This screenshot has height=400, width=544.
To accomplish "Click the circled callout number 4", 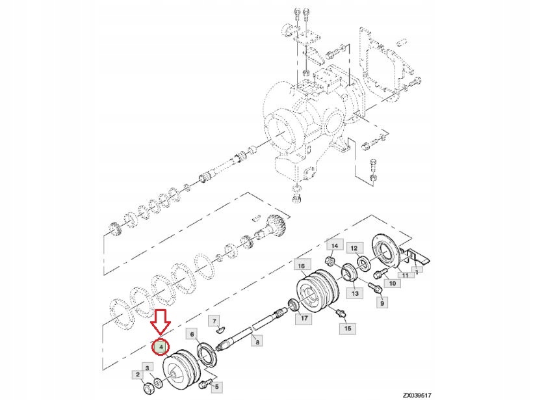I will [x=160, y=348].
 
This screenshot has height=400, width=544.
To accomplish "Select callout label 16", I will [x=300, y=265].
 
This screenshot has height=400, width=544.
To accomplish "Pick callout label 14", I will [x=334, y=245].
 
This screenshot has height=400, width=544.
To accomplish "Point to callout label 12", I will [x=354, y=248].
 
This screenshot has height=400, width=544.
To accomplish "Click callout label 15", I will [x=347, y=329].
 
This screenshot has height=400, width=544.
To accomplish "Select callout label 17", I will [x=304, y=319].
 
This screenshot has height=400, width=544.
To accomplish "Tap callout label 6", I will [x=192, y=334].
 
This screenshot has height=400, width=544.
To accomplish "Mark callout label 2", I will [x=138, y=374].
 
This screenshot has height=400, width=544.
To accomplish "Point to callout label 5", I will [x=217, y=386].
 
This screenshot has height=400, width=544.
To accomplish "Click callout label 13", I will [x=356, y=294].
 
